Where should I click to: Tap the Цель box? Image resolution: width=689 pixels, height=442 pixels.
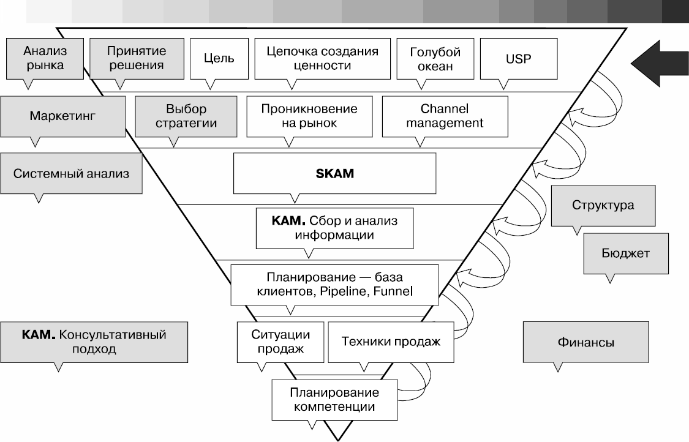pyautogui.click(x=219, y=59)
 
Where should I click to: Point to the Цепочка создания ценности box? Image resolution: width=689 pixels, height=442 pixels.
pyautogui.click(x=322, y=58)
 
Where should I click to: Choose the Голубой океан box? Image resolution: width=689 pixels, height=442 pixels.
pyautogui.click(x=435, y=59)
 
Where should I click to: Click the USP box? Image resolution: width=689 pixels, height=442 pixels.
pyautogui.click(x=519, y=59)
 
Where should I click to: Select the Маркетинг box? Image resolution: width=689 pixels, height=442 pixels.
pyautogui.click(x=63, y=115)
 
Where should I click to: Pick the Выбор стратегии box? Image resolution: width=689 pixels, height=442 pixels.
pyautogui.click(x=186, y=116)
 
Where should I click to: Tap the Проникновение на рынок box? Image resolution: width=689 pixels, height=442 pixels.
pyautogui.click(x=309, y=116)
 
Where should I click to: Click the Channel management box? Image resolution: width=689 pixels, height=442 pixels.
pyautogui.click(x=444, y=116)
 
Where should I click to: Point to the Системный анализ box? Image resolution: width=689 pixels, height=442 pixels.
pyautogui.click(x=72, y=173)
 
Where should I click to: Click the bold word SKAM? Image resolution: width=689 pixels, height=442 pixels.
pyautogui.click(x=334, y=173)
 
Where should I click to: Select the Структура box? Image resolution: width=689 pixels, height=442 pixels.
pyautogui.click(x=603, y=205)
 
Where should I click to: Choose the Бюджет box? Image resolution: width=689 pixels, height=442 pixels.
pyautogui.click(x=625, y=253)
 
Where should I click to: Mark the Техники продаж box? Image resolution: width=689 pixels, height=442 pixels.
pyautogui.click(x=391, y=342)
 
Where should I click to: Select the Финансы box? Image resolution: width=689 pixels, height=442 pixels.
pyautogui.click(x=585, y=342)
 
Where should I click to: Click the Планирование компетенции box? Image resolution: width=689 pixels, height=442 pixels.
pyautogui.click(x=334, y=399)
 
